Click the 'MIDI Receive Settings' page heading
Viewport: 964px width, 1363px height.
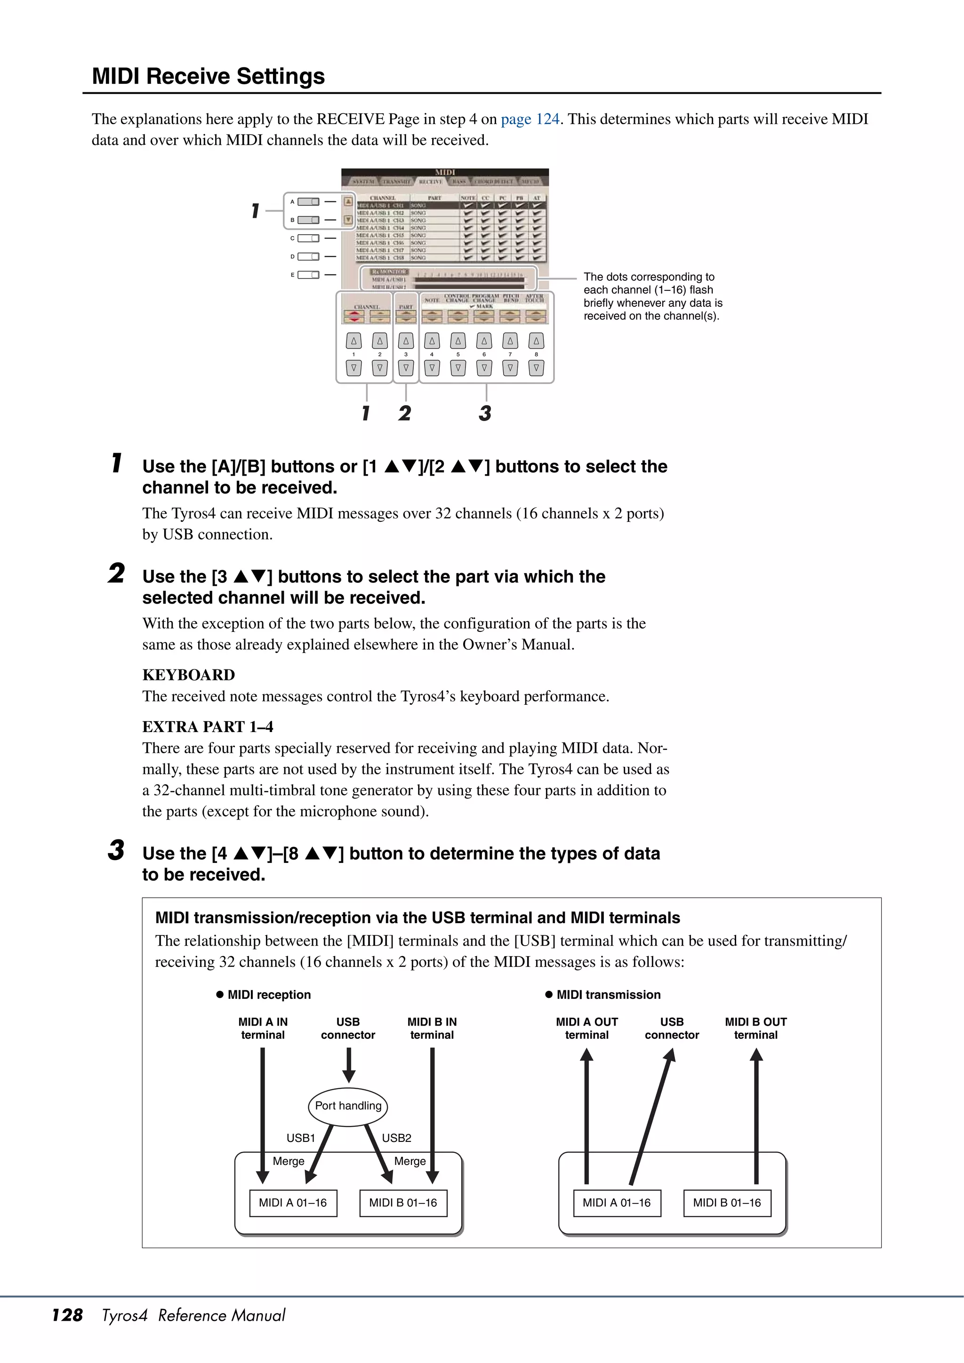[208, 77]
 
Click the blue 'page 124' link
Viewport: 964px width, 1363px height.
[530, 120]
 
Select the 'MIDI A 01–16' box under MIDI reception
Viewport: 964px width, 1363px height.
[293, 1203]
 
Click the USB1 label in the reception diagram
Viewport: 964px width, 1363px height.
[301, 1138]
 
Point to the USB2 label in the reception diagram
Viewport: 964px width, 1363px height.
[396, 1138]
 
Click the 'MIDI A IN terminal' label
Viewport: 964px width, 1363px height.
[263, 1028]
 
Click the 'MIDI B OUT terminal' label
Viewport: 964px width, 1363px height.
[755, 1028]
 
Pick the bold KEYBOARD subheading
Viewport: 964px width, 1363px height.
[188, 675]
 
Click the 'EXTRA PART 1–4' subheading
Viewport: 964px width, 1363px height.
[208, 726]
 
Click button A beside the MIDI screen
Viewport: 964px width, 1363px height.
[308, 202]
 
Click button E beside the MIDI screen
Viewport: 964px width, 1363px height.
[308, 275]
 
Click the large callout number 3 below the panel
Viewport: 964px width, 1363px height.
[485, 413]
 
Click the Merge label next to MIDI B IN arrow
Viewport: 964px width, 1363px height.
[410, 1161]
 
